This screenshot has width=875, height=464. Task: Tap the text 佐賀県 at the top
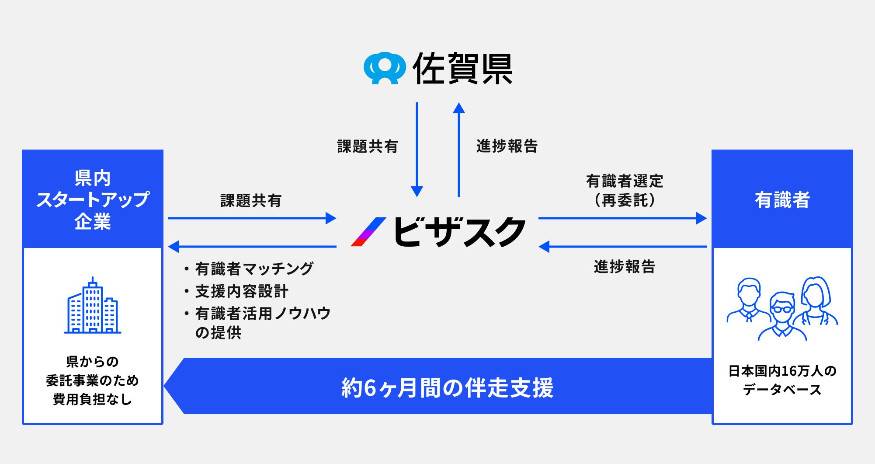pyautogui.click(x=462, y=69)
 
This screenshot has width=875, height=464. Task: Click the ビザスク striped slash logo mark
pyautogui.click(x=368, y=232)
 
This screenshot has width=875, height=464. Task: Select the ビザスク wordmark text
pyautogui.click(x=459, y=232)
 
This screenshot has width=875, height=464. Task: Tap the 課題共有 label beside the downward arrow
pyautogui.click(x=368, y=147)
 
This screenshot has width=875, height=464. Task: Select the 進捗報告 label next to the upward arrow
pyautogui.click(x=507, y=146)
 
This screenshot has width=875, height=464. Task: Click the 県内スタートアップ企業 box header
pyautogui.click(x=93, y=199)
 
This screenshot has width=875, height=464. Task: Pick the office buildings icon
pyautogui.click(x=93, y=306)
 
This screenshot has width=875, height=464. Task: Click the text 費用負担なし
pyautogui.click(x=93, y=399)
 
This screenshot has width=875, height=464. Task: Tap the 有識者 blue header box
pyautogui.click(x=782, y=199)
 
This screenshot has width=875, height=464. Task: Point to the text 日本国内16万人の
pyautogui.click(x=782, y=371)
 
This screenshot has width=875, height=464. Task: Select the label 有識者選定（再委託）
pyautogui.click(x=625, y=191)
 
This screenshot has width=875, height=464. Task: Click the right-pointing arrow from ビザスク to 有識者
pyautogui.click(x=622, y=218)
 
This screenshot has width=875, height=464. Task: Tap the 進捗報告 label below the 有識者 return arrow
pyautogui.click(x=625, y=267)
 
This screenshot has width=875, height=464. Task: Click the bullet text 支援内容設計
pyautogui.click(x=242, y=291)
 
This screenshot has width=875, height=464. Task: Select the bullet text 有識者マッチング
pyautogui.click(x=254, y=269)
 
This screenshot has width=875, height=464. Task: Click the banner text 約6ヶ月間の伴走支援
pyautogui.click(x=447, y=387)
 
